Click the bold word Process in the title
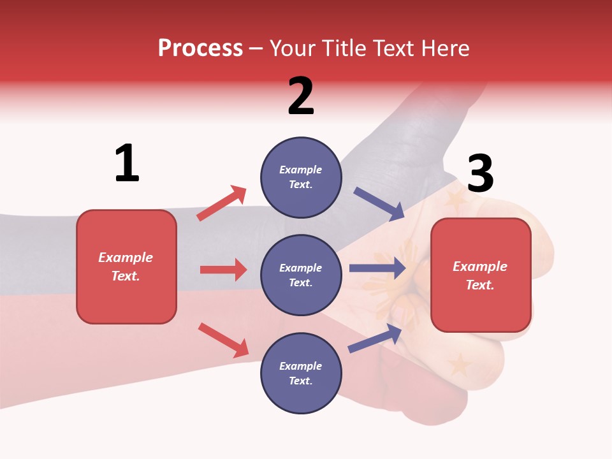[x=200, y=48]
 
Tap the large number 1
[x=127, y=163]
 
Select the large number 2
[x=301, y=96]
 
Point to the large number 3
[x=480, y=173]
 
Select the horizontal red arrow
[x=223, y=270]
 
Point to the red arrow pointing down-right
[x=223, y=339]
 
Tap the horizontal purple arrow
[x=377, y=268]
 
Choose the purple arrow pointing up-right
[x=375, y=338]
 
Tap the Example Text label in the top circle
[x=301, y=177]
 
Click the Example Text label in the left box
[x=126, y=266]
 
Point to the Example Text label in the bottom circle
[x=301, y=374]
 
